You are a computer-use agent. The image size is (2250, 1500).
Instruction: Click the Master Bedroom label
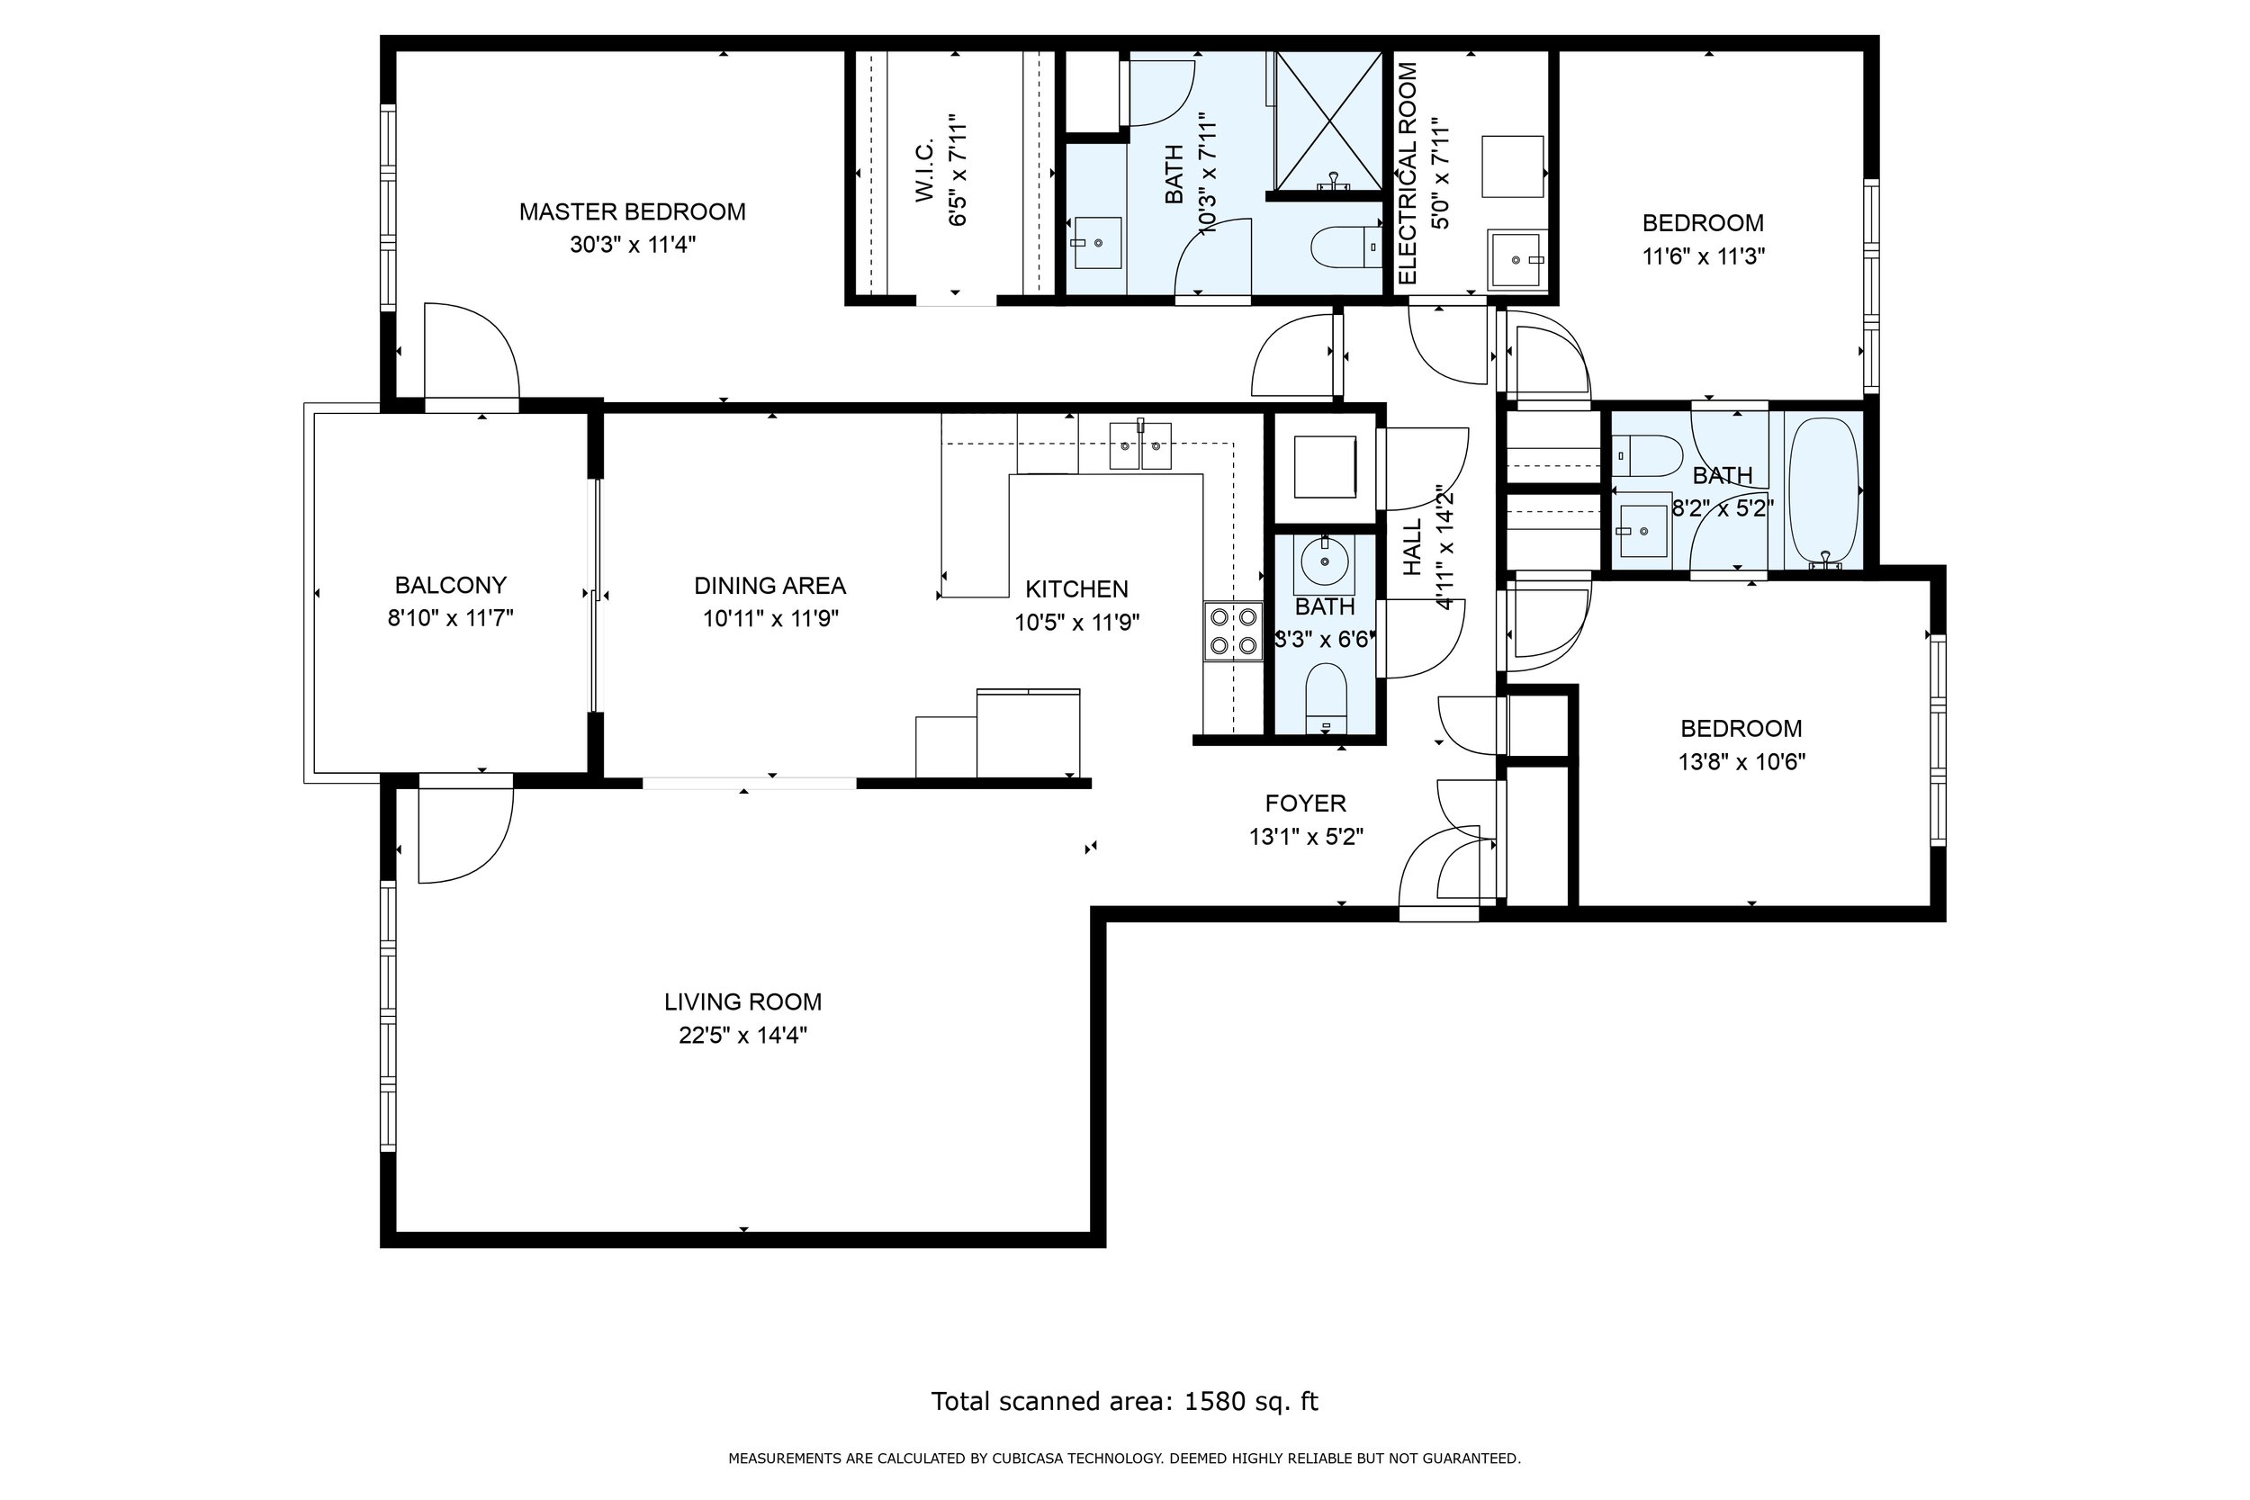633,211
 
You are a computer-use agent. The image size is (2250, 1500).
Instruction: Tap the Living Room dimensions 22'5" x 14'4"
743,1035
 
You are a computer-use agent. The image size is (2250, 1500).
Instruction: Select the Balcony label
451,585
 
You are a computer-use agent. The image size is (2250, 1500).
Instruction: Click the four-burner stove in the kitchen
1233,632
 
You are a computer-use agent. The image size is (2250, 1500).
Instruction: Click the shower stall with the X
1328,121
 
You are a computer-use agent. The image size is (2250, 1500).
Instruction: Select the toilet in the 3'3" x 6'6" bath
1326,696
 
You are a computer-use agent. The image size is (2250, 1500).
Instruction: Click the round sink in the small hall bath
1325,563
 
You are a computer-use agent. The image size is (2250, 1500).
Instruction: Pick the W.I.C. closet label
924,172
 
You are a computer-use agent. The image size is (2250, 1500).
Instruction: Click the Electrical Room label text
1408,173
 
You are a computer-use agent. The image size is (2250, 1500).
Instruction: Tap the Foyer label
1305,804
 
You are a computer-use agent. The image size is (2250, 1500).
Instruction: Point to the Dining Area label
770,586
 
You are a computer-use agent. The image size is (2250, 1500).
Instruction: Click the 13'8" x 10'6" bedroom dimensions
1741,762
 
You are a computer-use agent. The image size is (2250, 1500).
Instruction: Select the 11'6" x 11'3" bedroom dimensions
1703,256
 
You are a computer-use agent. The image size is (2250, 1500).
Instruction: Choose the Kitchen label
1077,589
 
